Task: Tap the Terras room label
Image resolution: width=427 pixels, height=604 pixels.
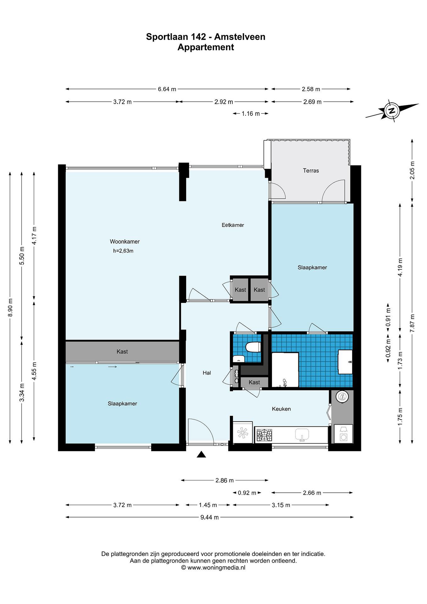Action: [311, 171]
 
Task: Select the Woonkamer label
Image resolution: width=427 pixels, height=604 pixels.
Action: [125, 241]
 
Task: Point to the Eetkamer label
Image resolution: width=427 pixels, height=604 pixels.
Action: [233, 225]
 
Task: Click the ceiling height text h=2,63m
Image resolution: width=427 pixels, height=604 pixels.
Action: [123, 251]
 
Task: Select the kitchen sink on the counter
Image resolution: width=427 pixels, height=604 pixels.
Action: [302, 434]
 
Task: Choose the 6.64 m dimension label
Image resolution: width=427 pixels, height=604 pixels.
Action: [167, 89]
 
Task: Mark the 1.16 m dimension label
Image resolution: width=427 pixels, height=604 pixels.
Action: [250, 114]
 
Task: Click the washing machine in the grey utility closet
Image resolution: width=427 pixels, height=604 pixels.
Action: [343, 435]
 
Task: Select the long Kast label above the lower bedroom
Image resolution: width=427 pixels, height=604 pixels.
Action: [122, 351]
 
